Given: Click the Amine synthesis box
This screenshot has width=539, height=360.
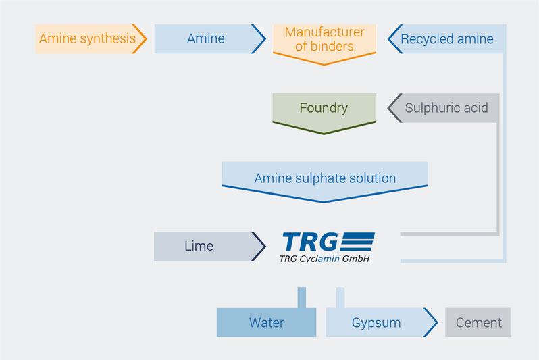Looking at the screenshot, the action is click(91, 39).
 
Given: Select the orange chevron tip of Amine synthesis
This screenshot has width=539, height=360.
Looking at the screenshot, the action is click(146, 39).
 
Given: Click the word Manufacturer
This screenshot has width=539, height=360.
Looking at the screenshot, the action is click(324, 32).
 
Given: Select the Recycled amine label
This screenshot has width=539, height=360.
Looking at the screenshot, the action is click(447, 39).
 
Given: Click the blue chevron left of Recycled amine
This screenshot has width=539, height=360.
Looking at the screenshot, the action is click(394, 39).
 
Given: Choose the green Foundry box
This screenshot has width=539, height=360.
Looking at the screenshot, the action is click(324, 113).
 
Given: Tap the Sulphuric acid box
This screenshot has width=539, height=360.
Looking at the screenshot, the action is click(444, 108).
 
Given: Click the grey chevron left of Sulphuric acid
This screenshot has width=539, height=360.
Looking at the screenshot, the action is click(394, 108).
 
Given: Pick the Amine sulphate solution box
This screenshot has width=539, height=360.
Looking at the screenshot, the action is click(324, 182).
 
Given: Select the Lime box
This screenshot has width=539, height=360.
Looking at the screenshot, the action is click(209, 246).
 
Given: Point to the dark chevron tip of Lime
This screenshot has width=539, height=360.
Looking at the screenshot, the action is click(265, 246).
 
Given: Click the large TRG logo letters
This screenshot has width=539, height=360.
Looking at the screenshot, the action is click(310, 242).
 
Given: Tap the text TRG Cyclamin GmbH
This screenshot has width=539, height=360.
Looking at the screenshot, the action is click(324, 259).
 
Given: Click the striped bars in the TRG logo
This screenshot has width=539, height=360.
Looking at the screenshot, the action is click(357, 242).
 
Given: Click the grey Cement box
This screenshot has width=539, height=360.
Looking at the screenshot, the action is click(478, 322).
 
